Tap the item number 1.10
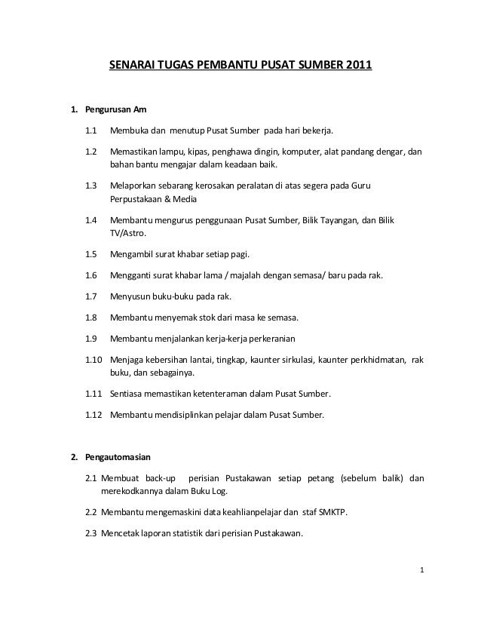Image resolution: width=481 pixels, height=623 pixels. click(x=93, y=360)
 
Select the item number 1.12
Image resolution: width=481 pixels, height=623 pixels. click(x=93, y=414)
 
